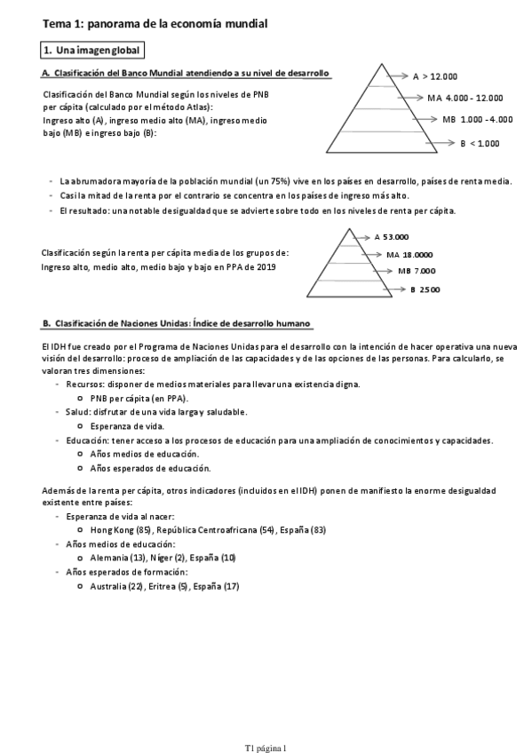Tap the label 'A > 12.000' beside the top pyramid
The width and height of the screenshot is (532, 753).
coord(435,76)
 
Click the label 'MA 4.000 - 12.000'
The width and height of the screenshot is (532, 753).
coord(464,98)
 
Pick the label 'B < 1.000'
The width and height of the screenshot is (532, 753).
coord(480,142)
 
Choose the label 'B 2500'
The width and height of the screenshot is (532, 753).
coord(425,289)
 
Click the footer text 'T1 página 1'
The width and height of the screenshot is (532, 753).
coord(266,725)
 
